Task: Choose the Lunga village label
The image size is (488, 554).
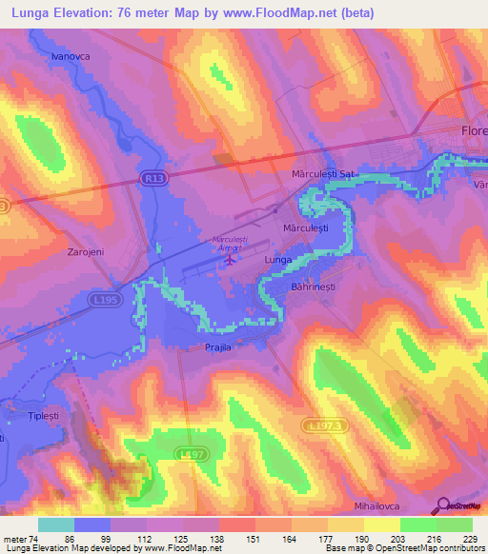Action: (277, 259)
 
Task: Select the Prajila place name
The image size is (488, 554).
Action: (217, 347)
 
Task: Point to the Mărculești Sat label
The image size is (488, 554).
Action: (322, 175)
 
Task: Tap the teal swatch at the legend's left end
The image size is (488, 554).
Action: (55, 524)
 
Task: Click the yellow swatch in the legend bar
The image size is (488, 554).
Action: (382, 524)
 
